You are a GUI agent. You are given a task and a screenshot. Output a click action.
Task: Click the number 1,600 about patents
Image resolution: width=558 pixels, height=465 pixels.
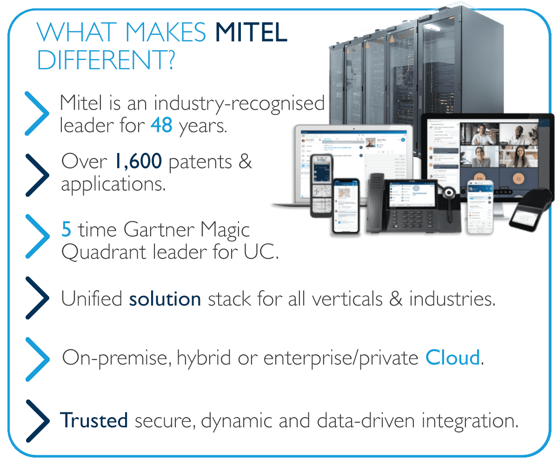[138, 161]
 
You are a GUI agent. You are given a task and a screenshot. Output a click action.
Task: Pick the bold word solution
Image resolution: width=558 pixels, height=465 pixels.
[165, 299]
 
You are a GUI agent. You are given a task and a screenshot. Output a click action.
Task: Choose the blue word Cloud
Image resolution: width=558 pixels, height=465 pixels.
[452, 358]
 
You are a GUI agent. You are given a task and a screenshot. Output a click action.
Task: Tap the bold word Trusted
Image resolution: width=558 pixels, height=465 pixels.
[94, 420]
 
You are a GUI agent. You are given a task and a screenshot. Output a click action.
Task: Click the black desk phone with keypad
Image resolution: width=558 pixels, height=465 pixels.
[414, 205]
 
